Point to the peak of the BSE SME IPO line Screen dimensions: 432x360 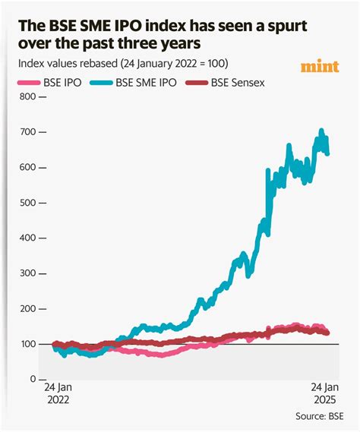pos(321,130)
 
